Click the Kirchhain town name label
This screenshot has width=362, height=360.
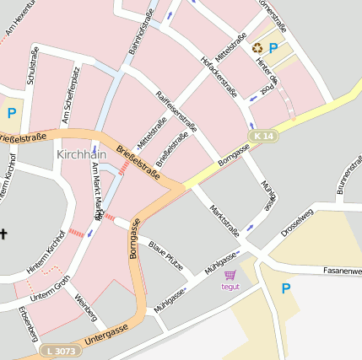point(83,155)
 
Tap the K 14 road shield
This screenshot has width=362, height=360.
point(262,136)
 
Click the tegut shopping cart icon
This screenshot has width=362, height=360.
point(230,275)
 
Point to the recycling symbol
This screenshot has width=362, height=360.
point(257,47)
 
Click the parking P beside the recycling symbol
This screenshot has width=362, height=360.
point(273,48)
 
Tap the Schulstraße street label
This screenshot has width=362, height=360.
point(33,66)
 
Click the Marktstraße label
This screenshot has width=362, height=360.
point(224,221)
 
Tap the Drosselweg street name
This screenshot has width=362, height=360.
point(297,223)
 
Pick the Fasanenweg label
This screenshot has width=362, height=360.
point(342,271)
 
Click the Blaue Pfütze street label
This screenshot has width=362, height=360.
point(166,255)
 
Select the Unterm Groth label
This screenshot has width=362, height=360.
point(51,288)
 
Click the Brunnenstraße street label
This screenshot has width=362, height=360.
point(348,174)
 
